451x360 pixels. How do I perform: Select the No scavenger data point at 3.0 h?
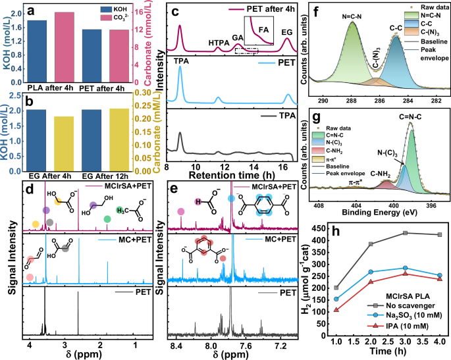pyautogui.click(x=406, y=233)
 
